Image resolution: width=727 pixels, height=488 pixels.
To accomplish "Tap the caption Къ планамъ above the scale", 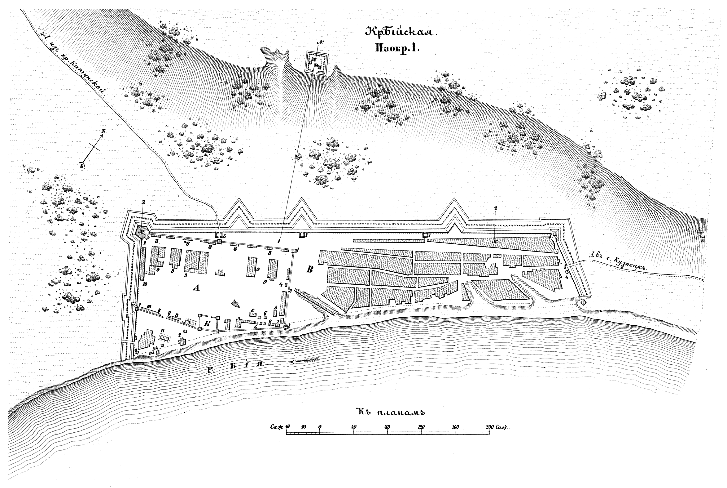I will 391,412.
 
